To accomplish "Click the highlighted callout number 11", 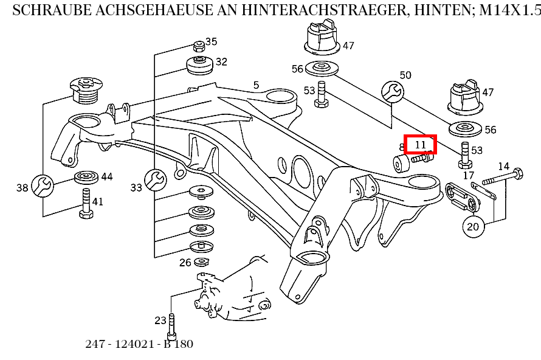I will pos(421,144).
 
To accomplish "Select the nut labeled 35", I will pos(198,46).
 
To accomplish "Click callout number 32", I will pos(221,61).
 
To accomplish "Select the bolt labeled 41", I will pos(85,204).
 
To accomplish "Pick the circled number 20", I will pos(474,227).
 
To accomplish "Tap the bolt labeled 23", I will pos(171,325).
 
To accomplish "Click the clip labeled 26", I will pos(201,262).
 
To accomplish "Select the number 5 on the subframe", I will pos(256,85).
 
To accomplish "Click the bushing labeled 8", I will pos(399,164).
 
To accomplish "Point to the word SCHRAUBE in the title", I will pos(49,10).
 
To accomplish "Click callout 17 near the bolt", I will pos(468,175).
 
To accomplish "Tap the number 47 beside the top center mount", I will pos(348,46).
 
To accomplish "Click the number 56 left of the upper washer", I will pos(297,69).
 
